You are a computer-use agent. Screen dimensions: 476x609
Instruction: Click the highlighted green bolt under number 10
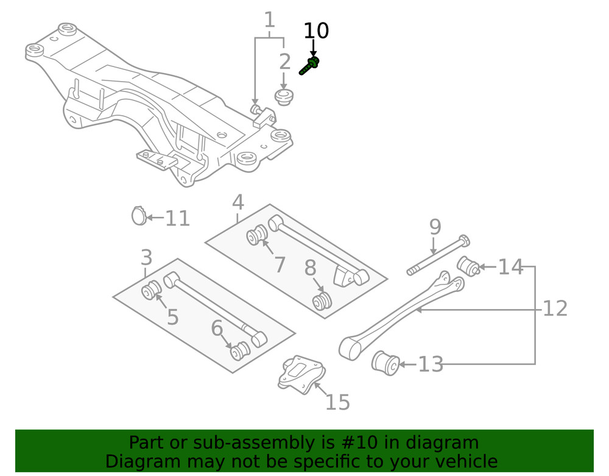(x=311, y=65)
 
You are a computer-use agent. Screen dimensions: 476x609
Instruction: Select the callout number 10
(x=315, y=30)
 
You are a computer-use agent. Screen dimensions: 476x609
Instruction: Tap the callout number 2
(x=284, y=62)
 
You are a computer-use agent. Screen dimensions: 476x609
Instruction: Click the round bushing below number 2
(x=283, y=96)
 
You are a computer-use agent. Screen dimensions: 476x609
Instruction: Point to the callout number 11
(x=178, y=218)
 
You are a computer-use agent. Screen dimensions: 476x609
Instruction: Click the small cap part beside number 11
(x=139, y=216)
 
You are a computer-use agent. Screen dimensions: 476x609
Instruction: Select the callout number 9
(x=435, y=227)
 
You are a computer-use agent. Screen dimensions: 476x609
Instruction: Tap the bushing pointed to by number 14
(x=468, y=266)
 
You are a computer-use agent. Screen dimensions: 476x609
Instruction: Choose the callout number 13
(x=431, y=364)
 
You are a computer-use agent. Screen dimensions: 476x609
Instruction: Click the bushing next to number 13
(x=385, y=363)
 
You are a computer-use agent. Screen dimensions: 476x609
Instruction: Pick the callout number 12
(x=555, y=308)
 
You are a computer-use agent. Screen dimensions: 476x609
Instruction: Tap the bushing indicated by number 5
(x=151, y=291)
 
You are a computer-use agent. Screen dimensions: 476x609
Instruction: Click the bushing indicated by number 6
(x=239, y=352)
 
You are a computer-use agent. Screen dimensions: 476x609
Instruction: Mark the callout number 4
(x=238, y=202)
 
